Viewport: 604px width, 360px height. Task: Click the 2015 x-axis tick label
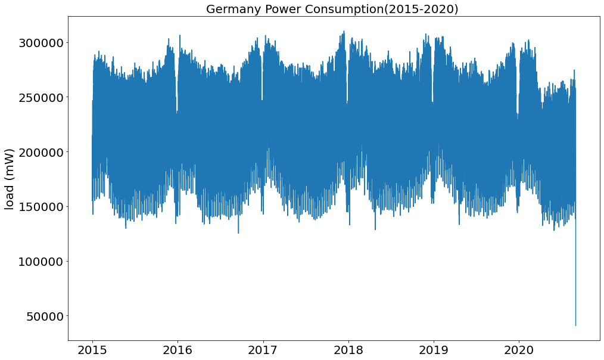(x=92, y=349)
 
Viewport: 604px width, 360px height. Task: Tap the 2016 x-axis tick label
(x=178, y=349)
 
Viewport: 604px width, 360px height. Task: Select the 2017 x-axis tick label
(x=263, y=349)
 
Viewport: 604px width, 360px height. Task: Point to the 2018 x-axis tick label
(x=348, y=349)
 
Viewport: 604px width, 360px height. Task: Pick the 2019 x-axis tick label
(x=434, y=349)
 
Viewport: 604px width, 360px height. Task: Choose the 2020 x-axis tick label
(x=519, y=349)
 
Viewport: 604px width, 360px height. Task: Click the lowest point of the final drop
(x=575, y=325)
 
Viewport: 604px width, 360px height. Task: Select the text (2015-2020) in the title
(x=426, y=9)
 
